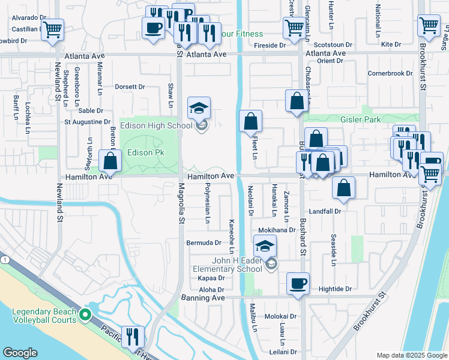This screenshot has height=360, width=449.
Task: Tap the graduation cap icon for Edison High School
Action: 199,109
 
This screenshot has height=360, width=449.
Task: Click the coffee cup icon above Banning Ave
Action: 298,284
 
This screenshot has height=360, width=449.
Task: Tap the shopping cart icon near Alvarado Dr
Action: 53,28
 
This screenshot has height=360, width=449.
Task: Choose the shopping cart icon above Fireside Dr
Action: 294,27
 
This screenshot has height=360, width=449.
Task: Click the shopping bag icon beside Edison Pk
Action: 110,161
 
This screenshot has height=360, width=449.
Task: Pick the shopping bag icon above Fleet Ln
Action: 250,122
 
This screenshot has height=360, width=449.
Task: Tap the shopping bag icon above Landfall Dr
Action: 343,187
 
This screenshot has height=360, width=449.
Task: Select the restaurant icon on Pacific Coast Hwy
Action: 132,337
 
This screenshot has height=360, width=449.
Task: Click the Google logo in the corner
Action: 20,353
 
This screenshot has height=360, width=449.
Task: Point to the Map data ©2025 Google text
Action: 412,355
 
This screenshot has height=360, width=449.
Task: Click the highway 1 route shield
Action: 4,259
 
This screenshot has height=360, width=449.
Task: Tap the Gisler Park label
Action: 361,119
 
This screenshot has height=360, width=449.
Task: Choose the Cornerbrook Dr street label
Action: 390,74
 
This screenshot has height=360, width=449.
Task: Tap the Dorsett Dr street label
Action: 130,86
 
